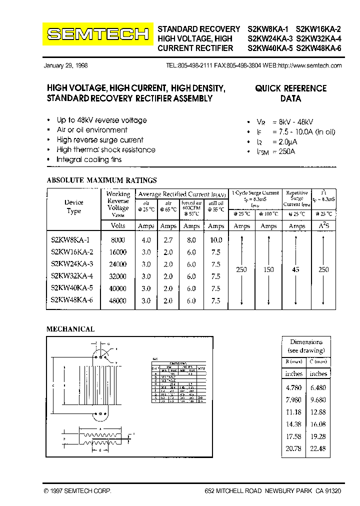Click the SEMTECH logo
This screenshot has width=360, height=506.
click(x=98, y=34)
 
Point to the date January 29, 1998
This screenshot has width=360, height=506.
click(x=66, y=65)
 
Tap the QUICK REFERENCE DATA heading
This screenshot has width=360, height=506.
click(x=290, y=93)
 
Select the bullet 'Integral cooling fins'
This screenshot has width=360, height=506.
click(x=89, y=159)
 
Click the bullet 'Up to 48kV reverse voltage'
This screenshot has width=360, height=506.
click(x=101, y=120)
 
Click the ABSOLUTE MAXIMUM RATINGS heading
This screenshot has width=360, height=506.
click(x=101, y=180)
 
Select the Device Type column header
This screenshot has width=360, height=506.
click(x=73, y=206)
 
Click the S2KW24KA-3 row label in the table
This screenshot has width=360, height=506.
click(x=72, y=264)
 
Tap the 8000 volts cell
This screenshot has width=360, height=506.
click(x=118, y=240)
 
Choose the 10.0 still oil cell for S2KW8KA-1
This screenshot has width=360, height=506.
click(x=216, y=240)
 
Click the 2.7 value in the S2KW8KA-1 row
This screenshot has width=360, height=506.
click(x=168, y=240)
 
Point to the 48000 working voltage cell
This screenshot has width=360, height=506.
click(x=118, y=301)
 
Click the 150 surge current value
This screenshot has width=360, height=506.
click(x=268, y=269)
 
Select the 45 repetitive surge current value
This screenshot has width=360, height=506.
click(x=296, y=269)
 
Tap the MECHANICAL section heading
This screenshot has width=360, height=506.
click(x=70, y=329)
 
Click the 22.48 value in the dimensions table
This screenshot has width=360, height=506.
click(x=318, y=448)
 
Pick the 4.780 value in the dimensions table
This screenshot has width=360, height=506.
click(x=294, y=386)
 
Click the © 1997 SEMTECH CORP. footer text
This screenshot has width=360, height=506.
click(x=77, y=491)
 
